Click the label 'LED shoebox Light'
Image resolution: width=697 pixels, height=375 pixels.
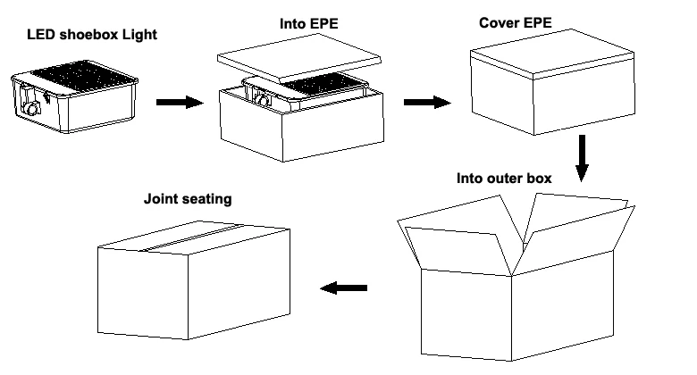tap(92, 35)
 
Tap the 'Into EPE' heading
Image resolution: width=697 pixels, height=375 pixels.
tap(309, 23)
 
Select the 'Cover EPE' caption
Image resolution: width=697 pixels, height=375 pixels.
tap(516, 22)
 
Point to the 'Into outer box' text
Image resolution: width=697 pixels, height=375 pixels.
tap(504, 179)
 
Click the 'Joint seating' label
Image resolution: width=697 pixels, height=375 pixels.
tap(188, 198)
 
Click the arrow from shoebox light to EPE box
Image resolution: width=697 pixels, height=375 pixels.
tap(180, 102)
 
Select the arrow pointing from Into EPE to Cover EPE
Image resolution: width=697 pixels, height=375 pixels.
tap(427, 102)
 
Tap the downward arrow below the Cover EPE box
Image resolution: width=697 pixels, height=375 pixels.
tap(582, 158)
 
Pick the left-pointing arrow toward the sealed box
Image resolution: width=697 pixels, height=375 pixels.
tap(344, 287)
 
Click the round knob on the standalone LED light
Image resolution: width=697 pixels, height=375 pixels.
tap(32, 108)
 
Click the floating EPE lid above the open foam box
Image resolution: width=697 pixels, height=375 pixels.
tap(299, 58)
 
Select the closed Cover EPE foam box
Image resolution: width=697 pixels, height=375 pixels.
tap(552, 82)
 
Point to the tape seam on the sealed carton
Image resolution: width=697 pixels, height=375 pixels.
tap(192, 237)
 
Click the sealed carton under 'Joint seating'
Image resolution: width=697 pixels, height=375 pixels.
tap(194, 280)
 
